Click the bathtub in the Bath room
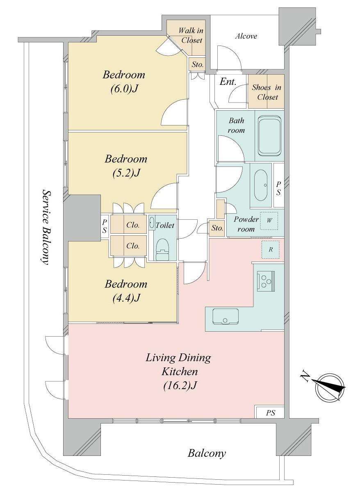[269, 136]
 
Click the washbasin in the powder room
[261, 185]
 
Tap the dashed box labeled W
[269, 221]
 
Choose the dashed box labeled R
[270, 250]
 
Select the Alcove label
[246, 36]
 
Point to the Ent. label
[228, 82]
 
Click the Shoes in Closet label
[267, 92]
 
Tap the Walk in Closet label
[191, 35]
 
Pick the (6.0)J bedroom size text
[124, 89]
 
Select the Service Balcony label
[45, 227]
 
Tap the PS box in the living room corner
[270, 413]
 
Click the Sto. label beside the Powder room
[217, 228]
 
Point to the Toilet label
[165, 225]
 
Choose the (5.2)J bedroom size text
[126, 173]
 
